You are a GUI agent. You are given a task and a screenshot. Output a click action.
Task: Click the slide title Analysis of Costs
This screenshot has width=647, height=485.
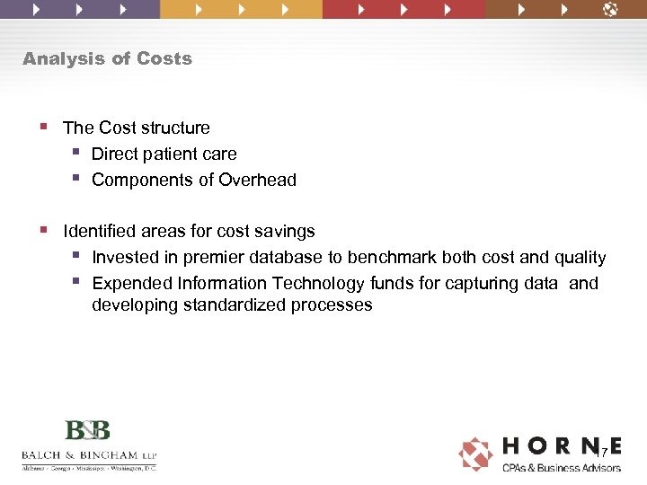107,58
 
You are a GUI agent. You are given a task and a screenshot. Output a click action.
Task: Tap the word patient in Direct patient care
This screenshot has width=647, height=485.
172,154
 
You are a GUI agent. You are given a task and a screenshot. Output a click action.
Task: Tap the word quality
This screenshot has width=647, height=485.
577,258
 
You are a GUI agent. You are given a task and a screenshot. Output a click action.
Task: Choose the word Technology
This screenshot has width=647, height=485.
318,284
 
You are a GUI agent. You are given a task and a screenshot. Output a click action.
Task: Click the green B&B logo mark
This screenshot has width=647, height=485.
87,429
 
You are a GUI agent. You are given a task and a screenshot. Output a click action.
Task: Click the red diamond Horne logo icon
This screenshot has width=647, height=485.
475,454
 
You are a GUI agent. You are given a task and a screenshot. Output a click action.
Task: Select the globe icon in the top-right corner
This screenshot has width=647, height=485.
610,9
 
